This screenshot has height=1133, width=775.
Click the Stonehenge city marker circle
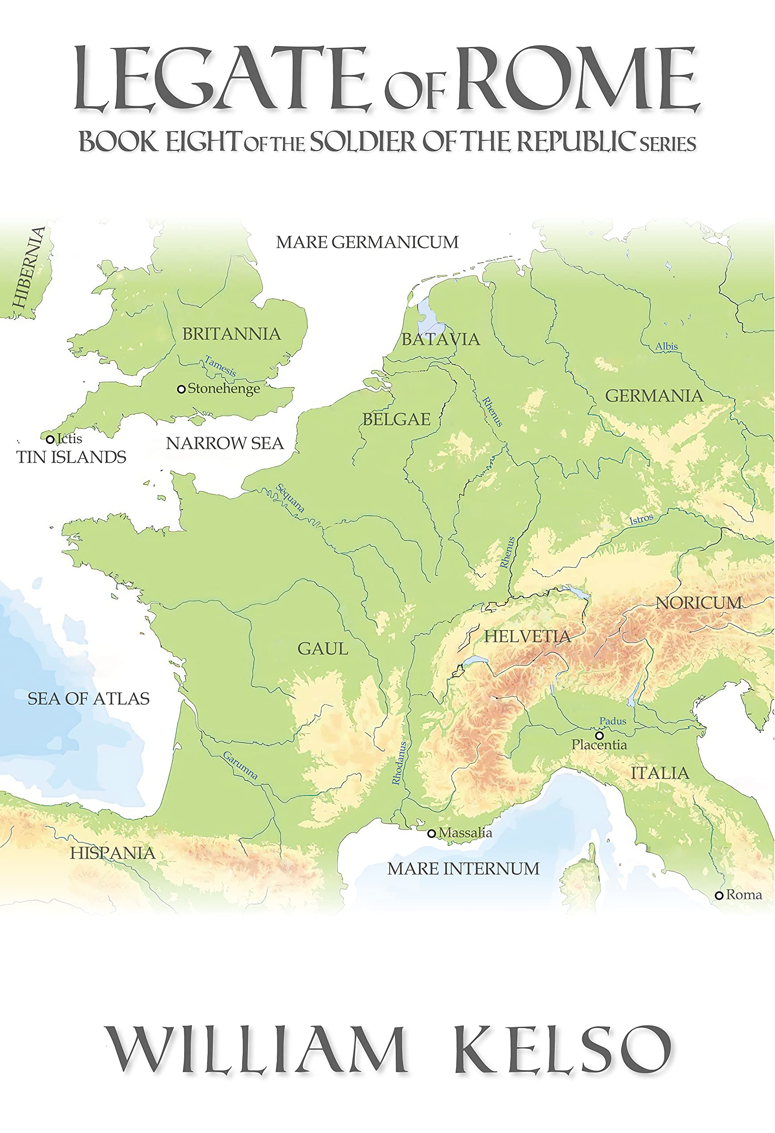pos(181,389)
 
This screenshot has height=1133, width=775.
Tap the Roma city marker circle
pos(718,896)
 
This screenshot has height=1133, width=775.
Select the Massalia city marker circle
pos(431,834)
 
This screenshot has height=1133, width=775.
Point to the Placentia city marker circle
pos(600,736)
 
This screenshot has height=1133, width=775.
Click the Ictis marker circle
pos(50,439)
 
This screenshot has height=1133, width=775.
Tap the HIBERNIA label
pos(29,268)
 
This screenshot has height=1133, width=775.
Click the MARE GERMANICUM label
pos(367,242)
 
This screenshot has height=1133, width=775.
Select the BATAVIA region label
pos(440,339)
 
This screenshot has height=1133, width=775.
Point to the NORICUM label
pos(698,603)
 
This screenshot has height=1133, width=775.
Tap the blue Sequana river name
pos(290,498)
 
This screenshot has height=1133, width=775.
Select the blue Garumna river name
pos(240,765)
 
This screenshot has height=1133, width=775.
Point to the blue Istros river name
pos(641,519)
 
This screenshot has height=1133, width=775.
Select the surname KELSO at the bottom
pos(563,1050)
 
